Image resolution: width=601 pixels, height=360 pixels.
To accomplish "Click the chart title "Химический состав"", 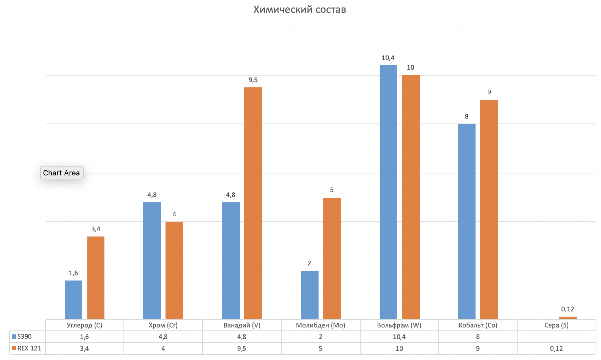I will (x=300, y=10).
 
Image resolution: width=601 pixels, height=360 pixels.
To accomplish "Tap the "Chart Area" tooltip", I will (x=61, y=173).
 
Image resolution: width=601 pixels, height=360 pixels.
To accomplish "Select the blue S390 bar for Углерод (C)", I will (x=74, y=300).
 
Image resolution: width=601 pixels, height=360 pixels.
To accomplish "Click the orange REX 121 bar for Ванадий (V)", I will (x=253, y=203).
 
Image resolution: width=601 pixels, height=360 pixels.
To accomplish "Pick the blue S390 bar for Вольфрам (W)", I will (x=388, y=192).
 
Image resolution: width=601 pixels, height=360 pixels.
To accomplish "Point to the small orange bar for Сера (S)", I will (x=568, y=318).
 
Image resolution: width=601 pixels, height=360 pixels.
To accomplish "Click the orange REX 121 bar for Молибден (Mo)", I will (x=332, y=258).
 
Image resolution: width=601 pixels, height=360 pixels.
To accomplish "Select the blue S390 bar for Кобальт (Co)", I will (x=466, y=221).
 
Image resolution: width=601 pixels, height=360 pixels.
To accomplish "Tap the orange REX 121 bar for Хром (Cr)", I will (x=174, y=270).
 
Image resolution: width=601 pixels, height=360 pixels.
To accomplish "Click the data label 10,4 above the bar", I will (x=388, y=58).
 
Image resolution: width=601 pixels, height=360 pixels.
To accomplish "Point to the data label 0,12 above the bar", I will (x=568, y=309).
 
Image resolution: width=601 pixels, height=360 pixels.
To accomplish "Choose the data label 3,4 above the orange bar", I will (x=96, y=229).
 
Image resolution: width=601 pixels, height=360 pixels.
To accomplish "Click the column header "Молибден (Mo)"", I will (x=321, y=325).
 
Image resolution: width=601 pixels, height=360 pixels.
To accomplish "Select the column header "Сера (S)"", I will (x=556, y=325).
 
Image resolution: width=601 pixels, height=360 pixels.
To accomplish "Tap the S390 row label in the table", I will (x=25, y=336).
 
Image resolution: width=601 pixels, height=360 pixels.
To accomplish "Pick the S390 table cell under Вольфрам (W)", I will (x=399, y=337).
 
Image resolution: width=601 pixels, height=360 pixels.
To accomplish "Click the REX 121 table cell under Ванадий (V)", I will (x=242, y=349).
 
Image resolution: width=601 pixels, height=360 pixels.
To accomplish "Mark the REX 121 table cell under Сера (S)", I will (x=556, y=349).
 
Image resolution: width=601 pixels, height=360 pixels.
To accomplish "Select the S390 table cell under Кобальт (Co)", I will (x=478, y=337).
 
